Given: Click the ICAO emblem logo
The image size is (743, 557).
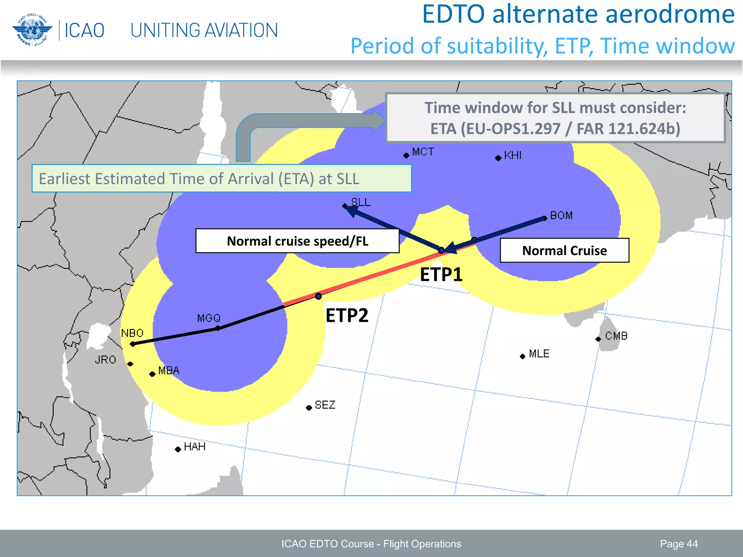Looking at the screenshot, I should pos(32,30).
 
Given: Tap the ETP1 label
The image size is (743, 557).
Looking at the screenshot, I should pos(441,275).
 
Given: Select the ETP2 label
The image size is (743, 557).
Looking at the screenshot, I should pos(347,315).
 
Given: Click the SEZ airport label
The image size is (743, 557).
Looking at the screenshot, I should pos(325,405).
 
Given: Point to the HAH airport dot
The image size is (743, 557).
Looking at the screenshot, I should pos(178,450).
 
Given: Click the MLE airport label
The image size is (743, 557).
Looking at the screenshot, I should pos(539,354).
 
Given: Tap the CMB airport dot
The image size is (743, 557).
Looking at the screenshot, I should pos(598,339).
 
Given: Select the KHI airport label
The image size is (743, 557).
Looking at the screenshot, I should pos(513,156).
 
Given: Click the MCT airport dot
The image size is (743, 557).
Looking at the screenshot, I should pos(406,156).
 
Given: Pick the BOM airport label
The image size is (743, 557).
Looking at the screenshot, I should pos(561,215).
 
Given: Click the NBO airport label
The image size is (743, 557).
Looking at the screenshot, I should pos(132,333).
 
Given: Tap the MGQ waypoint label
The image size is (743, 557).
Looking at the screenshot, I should pos(209,318).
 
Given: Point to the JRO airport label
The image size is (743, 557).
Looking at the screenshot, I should pos(105,360).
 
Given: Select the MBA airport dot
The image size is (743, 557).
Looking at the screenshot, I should pos(152,374).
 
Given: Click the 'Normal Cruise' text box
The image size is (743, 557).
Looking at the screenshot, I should pos(564,251).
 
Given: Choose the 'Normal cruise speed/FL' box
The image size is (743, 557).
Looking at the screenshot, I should pos(297,241).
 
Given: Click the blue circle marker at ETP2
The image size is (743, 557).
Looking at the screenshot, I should pos(318,296).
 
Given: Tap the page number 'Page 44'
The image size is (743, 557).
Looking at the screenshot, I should pos(678,544).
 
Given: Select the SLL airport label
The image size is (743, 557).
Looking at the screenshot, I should pos(361,202).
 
